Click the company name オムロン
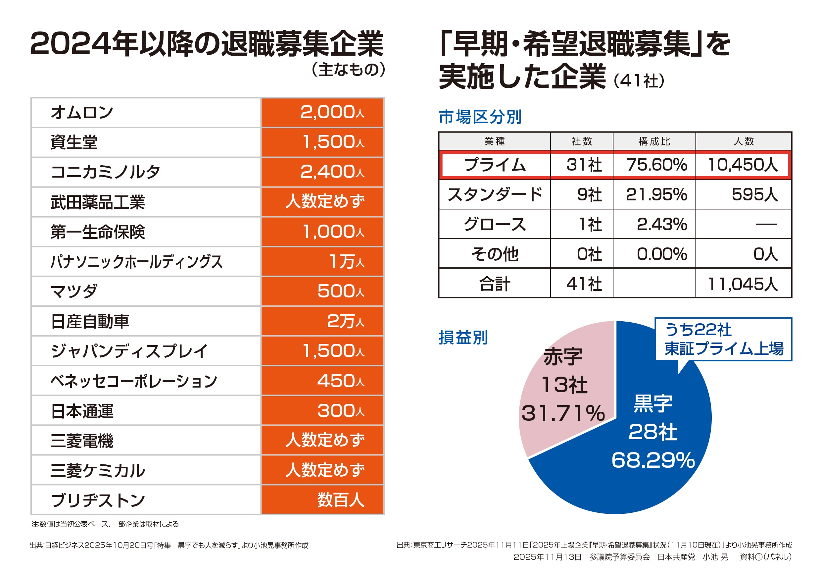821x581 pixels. (x=82, y=112)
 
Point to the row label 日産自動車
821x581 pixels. (x=90, y=321)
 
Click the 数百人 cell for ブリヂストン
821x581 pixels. (x=340, y=500)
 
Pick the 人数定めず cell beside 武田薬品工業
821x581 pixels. (x=325, y=202)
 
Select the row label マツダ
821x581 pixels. (x=74, y=291)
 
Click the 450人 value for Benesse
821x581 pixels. (x=340, y=381)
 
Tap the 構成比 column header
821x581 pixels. (x=654, y=141)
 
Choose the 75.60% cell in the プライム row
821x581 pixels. (x=656, y=165)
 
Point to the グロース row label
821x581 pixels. (x=495, y=224)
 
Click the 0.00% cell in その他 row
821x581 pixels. (x=661, y=254)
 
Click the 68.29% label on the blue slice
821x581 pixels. (x=653, y=460)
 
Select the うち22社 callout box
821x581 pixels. (x=723, y=339)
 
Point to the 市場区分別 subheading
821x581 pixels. (x=480, y=117)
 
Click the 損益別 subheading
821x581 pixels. (x=463, y=337)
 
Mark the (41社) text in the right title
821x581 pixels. (x=639, y=80)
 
